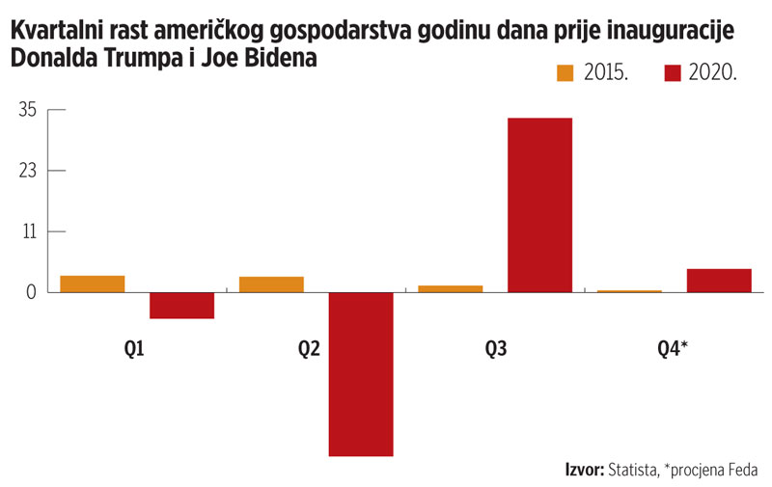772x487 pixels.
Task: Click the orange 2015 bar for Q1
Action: [x=93, y=284]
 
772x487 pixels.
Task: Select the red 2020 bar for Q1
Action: [x=181, y=305]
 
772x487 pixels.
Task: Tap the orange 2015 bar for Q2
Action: [x=271, y=284]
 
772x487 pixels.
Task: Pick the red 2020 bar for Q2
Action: [x=361, y=373]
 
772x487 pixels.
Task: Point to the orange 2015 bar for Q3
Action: [x=451, y=288]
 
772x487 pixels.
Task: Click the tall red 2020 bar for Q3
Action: [x=539, y=204]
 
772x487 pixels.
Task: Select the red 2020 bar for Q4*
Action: [x=718, y=280]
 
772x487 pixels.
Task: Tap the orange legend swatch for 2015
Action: [x=565, y=73]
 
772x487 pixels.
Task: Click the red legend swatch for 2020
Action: [x=674, y=73]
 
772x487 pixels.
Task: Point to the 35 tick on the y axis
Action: [x=27, y=110]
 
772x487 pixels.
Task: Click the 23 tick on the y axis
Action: [x=27, y=171]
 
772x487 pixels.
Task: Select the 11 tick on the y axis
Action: [x=28, y=231]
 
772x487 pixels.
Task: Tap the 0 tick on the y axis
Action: [x=32, y=292]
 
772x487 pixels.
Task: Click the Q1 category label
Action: [x=136, y=350]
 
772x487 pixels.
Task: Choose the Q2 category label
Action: [x=310, y=350]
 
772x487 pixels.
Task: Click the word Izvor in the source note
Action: [x=583, y=470]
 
